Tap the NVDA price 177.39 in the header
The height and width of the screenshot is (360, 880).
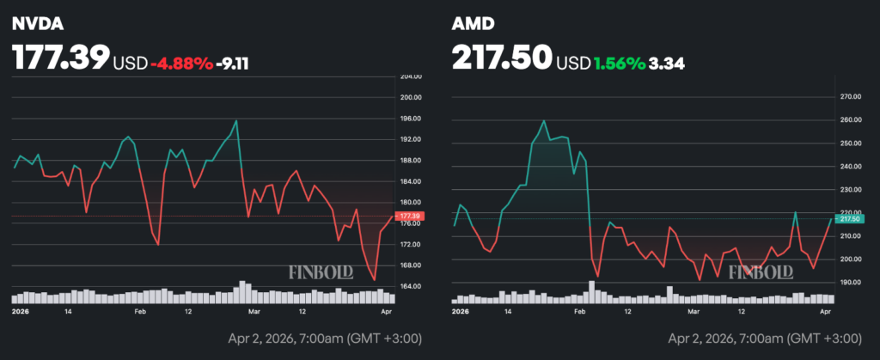60,58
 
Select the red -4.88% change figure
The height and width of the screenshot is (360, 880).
181,62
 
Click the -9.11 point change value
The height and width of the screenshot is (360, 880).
233,62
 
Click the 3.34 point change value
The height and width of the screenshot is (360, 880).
667,62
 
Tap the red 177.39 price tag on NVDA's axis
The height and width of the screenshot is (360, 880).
408,216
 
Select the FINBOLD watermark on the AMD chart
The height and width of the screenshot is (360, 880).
761,273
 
